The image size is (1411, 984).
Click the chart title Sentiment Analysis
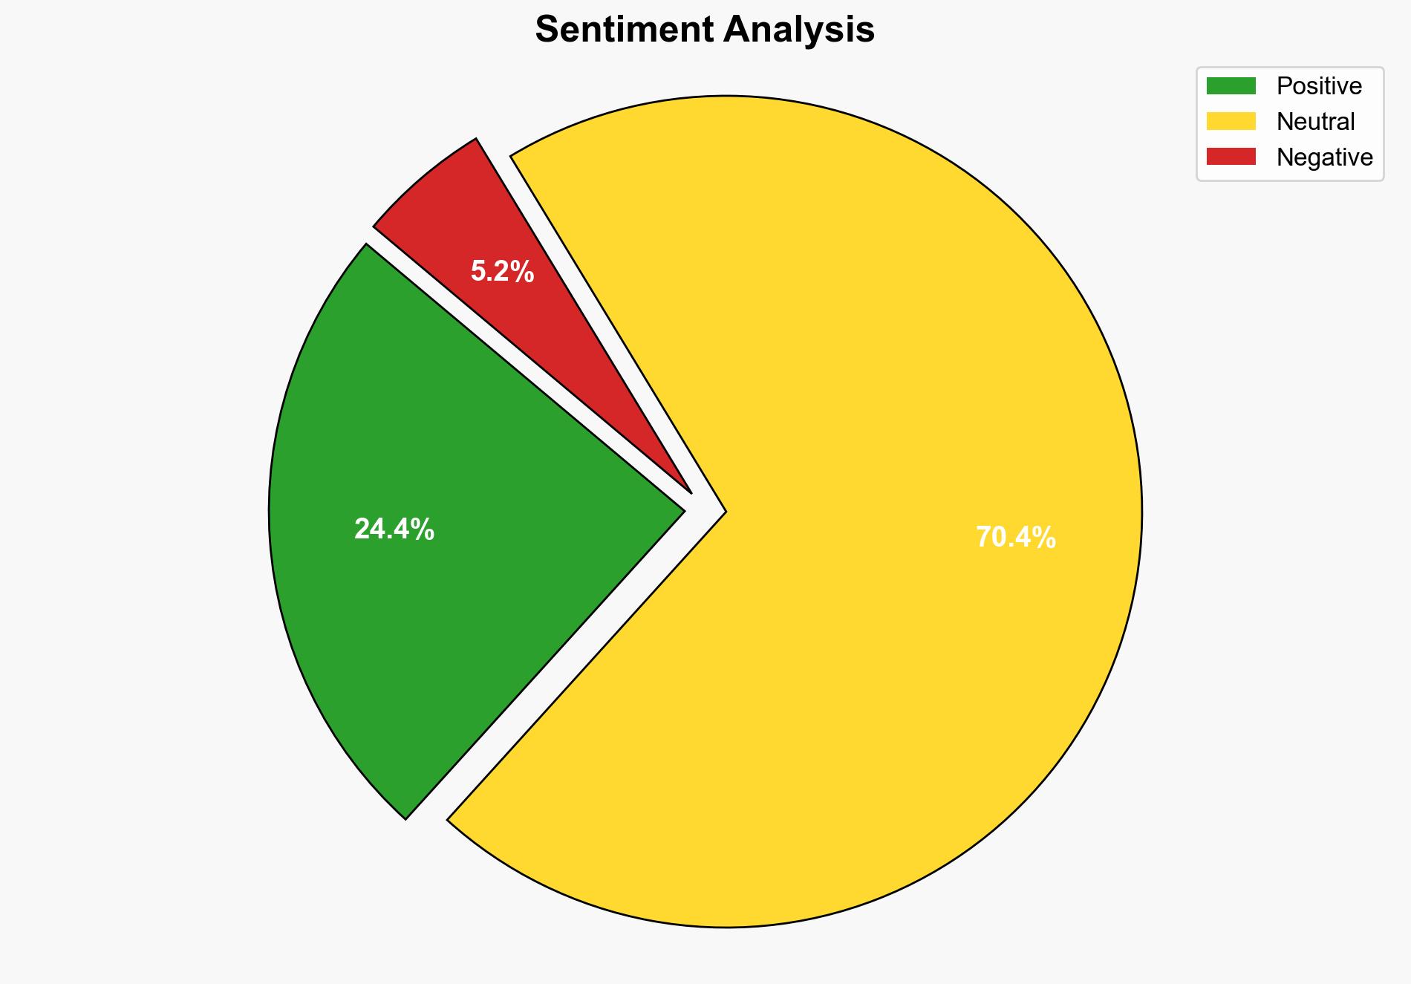705,30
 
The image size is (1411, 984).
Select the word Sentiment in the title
623,30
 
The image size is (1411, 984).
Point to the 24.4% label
394,530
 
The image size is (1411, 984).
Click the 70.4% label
1015,537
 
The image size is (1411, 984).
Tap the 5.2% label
502,272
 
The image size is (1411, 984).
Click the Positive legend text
1319,86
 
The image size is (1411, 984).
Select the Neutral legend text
1315,122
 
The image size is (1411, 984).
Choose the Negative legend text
1324,157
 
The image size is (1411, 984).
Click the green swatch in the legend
1231,86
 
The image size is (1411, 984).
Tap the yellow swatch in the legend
1231,121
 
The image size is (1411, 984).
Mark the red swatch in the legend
1231,157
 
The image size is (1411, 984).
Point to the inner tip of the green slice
682,510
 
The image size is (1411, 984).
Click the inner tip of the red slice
690,492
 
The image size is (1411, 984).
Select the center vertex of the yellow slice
724,511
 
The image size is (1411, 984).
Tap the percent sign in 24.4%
424,530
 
